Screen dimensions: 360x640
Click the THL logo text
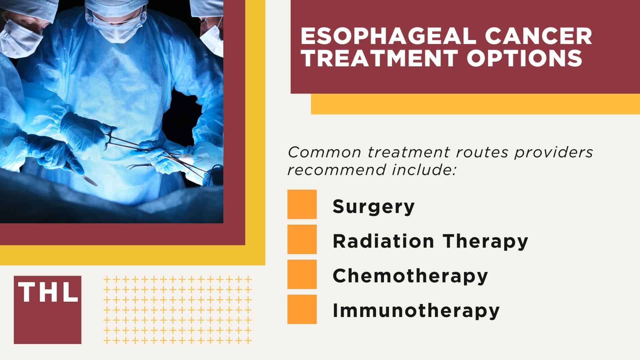click(x=48, y=292)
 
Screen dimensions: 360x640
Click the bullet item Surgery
click(x=374, y=206)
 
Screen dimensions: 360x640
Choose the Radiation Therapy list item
click(x=430, y=241)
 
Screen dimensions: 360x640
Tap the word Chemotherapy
click(x=410, y=276)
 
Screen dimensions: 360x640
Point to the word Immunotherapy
click(x=416, y=310)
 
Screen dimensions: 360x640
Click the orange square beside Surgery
click(x=302, y=204)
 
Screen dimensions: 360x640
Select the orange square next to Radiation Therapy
click(x=302, y=239)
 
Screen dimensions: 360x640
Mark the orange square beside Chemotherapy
click(x=302, y=274)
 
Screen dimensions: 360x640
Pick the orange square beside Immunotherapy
click(x=302, y=309)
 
